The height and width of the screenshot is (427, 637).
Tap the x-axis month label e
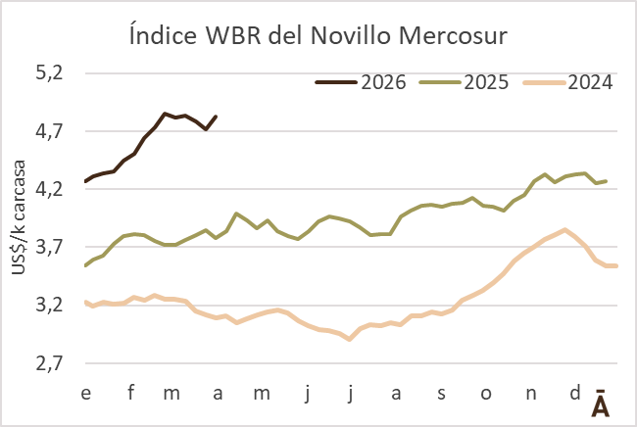86,393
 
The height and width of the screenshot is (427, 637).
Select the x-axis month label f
130,393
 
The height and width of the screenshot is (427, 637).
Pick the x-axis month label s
441,393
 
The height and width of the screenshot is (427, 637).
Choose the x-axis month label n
530,393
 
